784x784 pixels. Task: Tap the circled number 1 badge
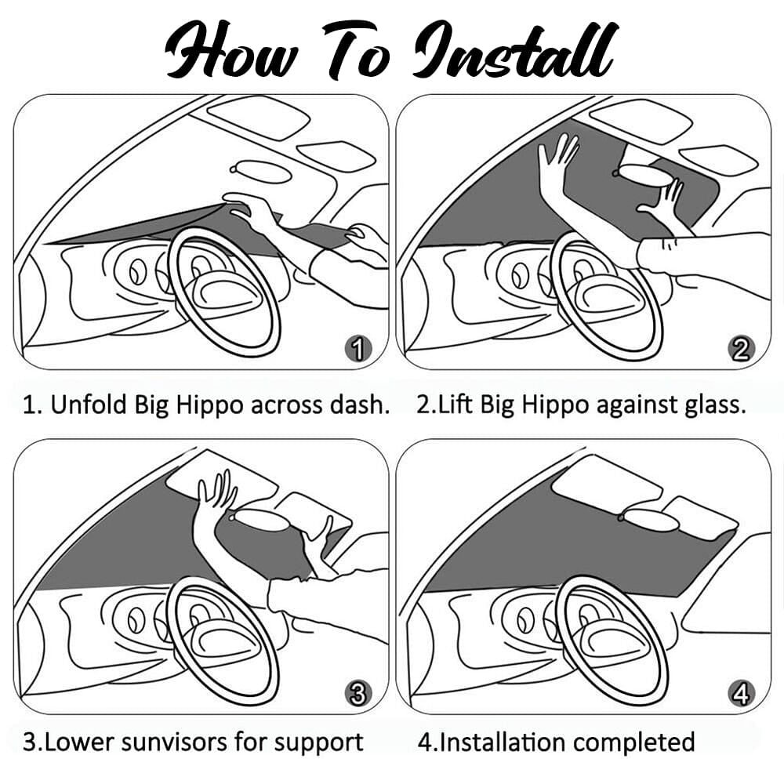358,348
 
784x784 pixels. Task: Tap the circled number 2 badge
741,348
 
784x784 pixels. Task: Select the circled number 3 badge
358,693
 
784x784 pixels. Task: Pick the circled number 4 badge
741,693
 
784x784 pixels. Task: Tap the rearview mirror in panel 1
261,172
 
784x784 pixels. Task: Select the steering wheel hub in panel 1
226,292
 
